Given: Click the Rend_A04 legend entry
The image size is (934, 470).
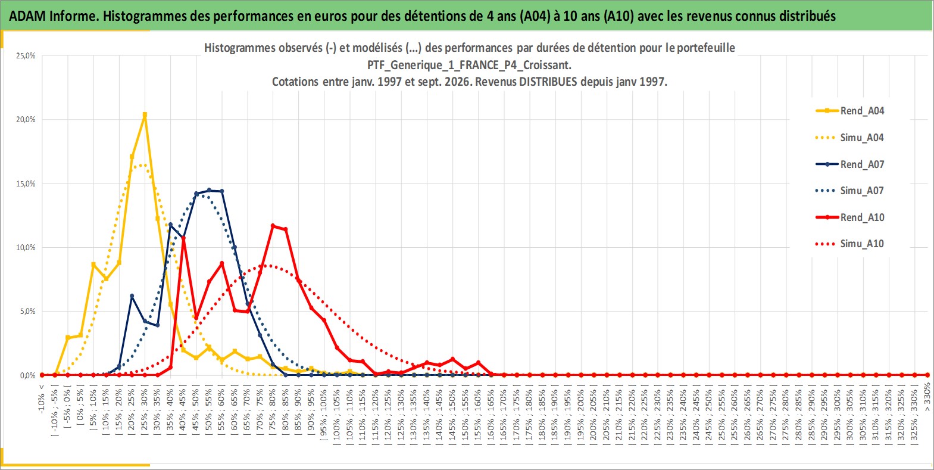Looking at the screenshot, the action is (x=850, y=111).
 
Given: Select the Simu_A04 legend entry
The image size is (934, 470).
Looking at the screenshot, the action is (x=850, y=138).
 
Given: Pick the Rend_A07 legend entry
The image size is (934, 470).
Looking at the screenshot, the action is (x=850, y=164).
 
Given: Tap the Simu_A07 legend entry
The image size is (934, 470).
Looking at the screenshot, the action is (x=850, y=191).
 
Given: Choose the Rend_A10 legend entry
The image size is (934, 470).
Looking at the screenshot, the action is (x=850, y=217).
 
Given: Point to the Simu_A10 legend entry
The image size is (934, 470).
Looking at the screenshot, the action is (x=850, y=244).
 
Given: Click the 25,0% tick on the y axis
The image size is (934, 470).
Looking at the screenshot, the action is (x=26, y=55).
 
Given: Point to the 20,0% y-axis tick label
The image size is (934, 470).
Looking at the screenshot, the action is (x=26, y=119).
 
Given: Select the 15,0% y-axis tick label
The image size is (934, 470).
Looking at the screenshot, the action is (x=26, y=183).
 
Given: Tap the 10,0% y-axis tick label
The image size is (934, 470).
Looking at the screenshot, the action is (x=26, y=248).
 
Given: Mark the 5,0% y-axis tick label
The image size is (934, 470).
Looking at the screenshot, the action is (x=27, y=312).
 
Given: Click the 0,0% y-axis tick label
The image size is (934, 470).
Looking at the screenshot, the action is (x=27, y=376).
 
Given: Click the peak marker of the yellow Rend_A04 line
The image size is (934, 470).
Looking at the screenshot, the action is (x=145, y=114).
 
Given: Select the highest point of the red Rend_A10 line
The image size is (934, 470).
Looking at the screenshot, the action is (x=273, y=226).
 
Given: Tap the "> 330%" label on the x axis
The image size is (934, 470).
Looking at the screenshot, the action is (x=927, y=397).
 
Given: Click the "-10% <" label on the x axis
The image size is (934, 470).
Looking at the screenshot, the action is (x=41, y=399).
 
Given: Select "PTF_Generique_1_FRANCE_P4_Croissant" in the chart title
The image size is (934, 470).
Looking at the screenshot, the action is (x=468, y=65).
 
